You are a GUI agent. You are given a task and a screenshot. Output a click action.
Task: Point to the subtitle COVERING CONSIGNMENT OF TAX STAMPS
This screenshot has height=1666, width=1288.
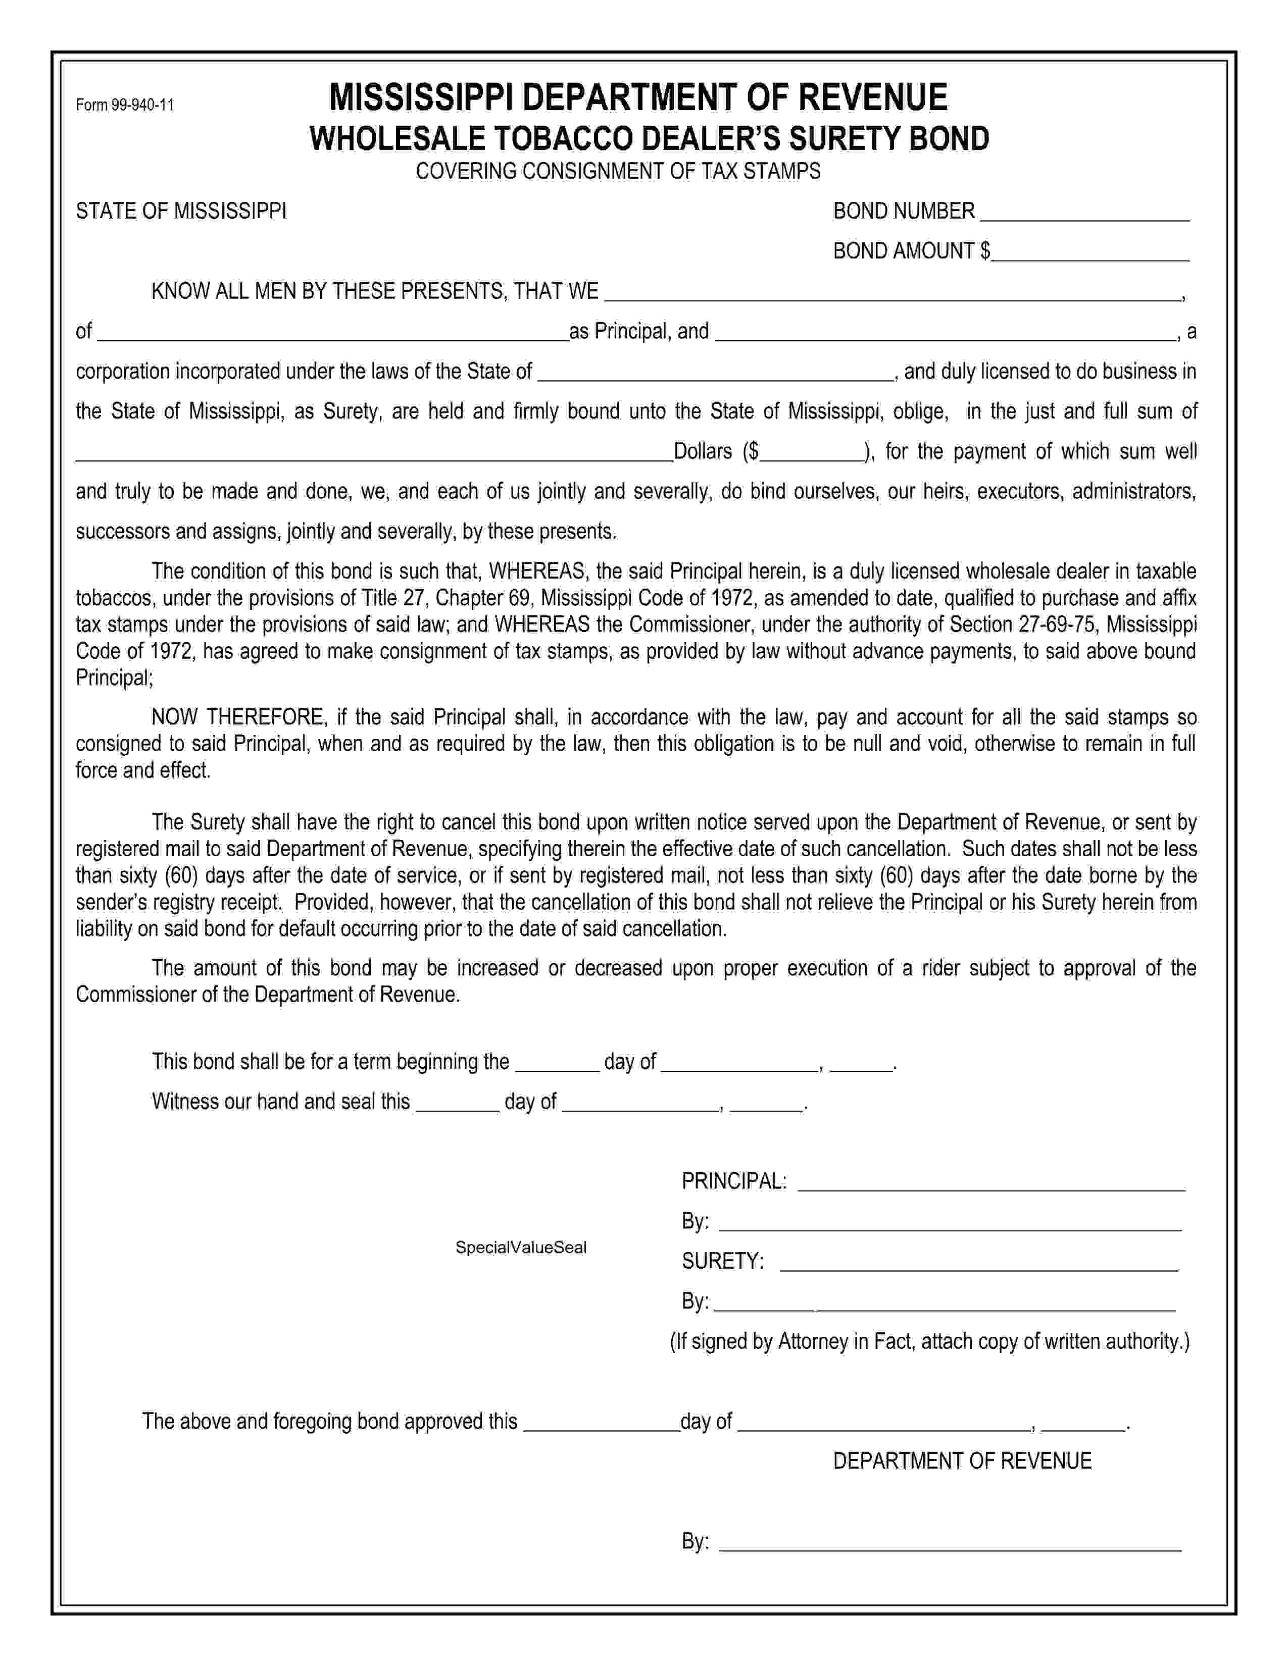[x=618, y=171]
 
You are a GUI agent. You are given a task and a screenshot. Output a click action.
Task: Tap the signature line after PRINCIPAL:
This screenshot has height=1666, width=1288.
[x=990, y=1184]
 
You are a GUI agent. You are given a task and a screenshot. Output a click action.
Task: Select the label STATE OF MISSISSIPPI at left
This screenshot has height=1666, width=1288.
[x=181, y=212]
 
